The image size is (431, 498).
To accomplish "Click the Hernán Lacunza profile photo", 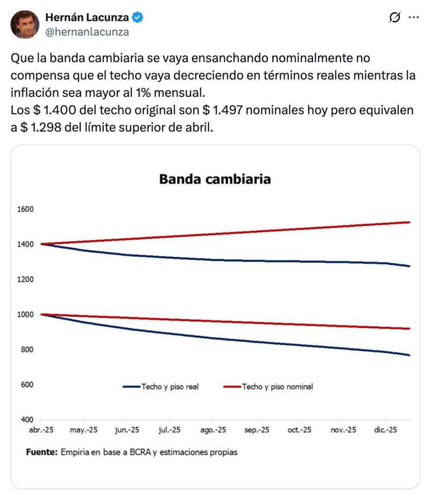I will [x=25, y=24].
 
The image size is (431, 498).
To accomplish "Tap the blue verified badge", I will [x=138, y=18].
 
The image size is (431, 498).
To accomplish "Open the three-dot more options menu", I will [x=413, y=18].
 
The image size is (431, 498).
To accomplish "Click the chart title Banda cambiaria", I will [x=215, y=179].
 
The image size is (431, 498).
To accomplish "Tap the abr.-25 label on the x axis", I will [x=40, y=430].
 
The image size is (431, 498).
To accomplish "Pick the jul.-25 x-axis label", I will [x=170, y=430].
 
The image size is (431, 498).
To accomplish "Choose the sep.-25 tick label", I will [x=256, y=430].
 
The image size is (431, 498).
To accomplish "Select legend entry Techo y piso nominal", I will [x=277, y=387].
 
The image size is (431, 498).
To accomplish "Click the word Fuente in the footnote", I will [x=41, y=452].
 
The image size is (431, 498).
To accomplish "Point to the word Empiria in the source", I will [x=75, y=452].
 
